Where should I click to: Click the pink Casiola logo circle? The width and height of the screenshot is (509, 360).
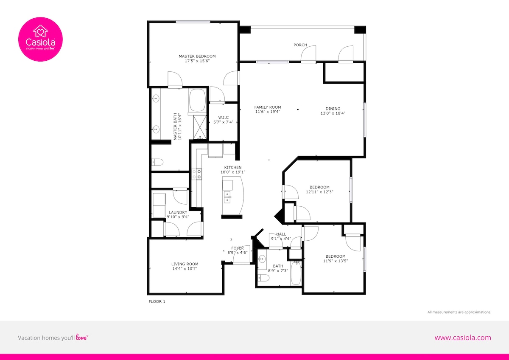[x=40, y=39]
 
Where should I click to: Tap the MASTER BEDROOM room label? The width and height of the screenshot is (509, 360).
[x=197, y=56]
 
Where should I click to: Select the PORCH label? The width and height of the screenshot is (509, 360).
[x=300, y=45]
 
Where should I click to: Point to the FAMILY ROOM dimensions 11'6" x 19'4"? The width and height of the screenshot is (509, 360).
[x=268, y=112]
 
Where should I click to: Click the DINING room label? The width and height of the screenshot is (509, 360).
[x=333, y=109]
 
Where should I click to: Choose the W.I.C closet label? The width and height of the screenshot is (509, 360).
[x=224, y=117]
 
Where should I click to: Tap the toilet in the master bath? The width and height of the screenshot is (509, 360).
[x=157, y=162]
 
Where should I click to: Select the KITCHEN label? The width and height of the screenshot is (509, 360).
[x=233, y=167]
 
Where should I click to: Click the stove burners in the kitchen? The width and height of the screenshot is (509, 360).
[x=197, y=174]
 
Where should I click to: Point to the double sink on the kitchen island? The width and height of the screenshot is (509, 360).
[x=227, y=197]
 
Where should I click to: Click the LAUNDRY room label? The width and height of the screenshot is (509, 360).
[x=178, y=212]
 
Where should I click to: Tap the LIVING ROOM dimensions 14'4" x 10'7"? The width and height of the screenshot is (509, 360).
[x=185, y=269]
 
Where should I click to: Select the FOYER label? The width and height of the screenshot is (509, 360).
[x=238, y=248]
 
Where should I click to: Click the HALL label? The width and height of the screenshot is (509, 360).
[x=281, y=234]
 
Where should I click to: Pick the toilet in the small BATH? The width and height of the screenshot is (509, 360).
[x=263, y=278]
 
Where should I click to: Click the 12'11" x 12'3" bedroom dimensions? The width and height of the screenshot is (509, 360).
[x=319, y=192]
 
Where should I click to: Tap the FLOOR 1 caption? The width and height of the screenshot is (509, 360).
[x=157, y=301]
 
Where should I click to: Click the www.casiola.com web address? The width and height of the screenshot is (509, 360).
[x=463, y=338]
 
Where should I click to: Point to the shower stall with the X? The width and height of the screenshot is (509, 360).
[x=200, y=127]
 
